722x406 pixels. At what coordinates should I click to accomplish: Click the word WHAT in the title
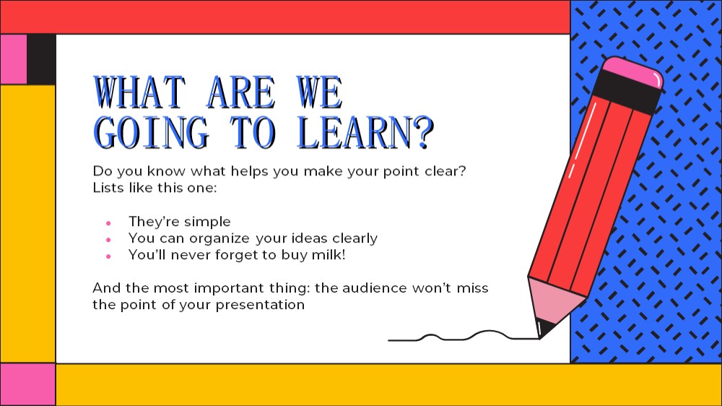coord(139,92)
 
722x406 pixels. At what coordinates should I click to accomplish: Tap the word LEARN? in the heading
coord(366,132)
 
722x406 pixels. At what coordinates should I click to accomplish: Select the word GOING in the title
coord(152,132)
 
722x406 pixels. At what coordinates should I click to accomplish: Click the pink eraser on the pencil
coord(633,72)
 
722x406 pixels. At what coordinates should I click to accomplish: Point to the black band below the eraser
coord(627,92)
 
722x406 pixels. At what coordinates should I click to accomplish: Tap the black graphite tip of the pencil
coord(545,328)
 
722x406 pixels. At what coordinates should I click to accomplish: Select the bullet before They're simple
coord(108,223)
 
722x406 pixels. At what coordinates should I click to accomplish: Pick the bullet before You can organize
coord(108,240)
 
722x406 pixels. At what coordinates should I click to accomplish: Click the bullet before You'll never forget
coord(108,256)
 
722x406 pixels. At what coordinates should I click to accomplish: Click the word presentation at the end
coord(260,305)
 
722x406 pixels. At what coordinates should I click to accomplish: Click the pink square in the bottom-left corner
coord(27,384)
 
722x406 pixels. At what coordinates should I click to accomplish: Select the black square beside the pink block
coord(41,59)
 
